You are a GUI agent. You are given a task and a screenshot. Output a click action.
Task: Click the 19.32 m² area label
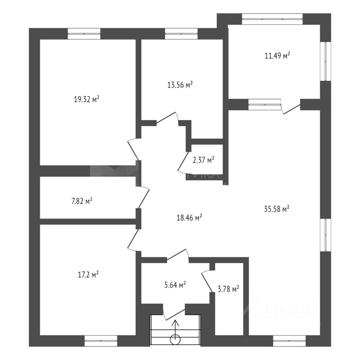pos(87,100)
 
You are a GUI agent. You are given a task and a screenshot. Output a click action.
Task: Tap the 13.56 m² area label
pos(180,85)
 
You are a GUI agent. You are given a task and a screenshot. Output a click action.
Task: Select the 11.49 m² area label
pos(278,56)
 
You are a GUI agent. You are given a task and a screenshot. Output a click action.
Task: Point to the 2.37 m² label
pos(203,160)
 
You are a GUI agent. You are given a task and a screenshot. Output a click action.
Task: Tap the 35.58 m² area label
pos(277,209)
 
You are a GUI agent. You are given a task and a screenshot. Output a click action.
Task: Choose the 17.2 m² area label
pos(88,275)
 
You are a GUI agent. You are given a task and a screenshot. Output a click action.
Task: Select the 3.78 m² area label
pos(228,289)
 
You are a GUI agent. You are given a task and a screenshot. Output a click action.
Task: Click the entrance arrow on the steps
pos(175,325)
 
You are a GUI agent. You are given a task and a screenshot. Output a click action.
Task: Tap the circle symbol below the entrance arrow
pos(175,340)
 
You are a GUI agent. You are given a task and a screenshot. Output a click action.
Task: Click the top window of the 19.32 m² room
pos(84,34)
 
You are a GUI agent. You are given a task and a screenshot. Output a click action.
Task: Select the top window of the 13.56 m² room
pos(181,34)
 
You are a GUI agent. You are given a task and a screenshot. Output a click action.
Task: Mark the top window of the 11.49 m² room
pos(272,19)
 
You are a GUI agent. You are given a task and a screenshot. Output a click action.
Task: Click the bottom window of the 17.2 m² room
pos(100,341)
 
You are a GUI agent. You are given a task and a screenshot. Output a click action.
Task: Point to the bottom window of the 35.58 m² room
pos(289,341)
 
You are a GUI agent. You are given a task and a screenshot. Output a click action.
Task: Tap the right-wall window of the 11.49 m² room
pos(325,61)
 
